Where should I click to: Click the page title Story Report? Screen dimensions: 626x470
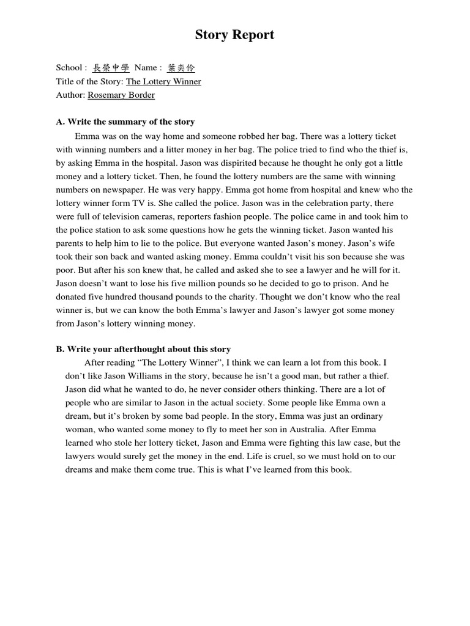coord(234,35)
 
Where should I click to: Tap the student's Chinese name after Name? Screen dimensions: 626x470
coord(182,68)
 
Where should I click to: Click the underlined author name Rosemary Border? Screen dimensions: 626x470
coord(121,95)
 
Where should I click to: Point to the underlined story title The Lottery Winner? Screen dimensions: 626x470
coord(163,81)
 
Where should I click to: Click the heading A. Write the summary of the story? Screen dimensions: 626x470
coord(125,122)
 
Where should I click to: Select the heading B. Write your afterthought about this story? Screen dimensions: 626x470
coord(143,349)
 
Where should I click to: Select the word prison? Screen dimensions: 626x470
coord(346,284)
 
